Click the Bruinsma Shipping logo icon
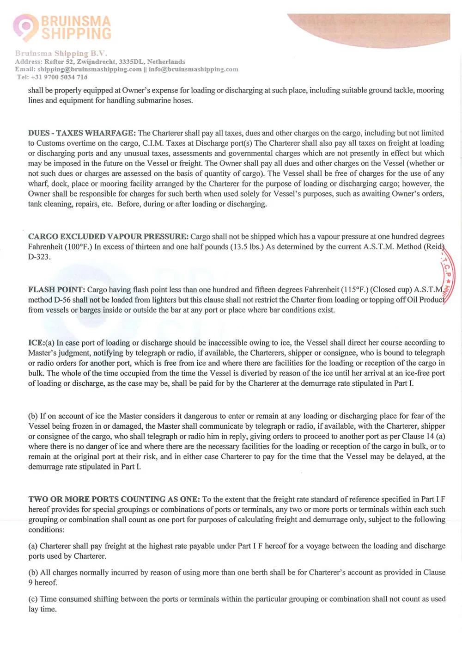click(25, 26)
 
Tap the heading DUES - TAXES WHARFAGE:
click(82, 133)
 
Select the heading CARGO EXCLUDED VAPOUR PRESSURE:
click(108, 237)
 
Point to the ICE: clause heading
click(36, 343)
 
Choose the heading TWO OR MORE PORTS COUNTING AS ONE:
click(114, 500)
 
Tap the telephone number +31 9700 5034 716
click(59, 77)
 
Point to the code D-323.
click(39, 257)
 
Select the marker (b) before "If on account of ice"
click(33, 416)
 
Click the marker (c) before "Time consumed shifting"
click(33, 599)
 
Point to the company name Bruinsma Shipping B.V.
click(61, 54)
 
